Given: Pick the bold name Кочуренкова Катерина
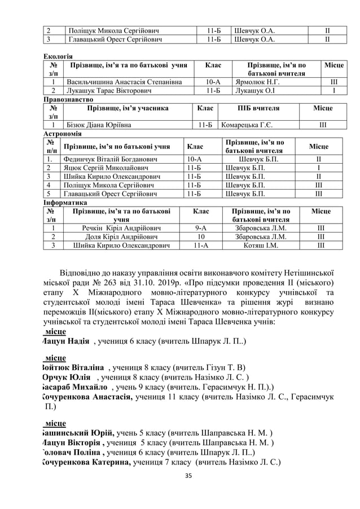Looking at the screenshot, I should tap(86, 462).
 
